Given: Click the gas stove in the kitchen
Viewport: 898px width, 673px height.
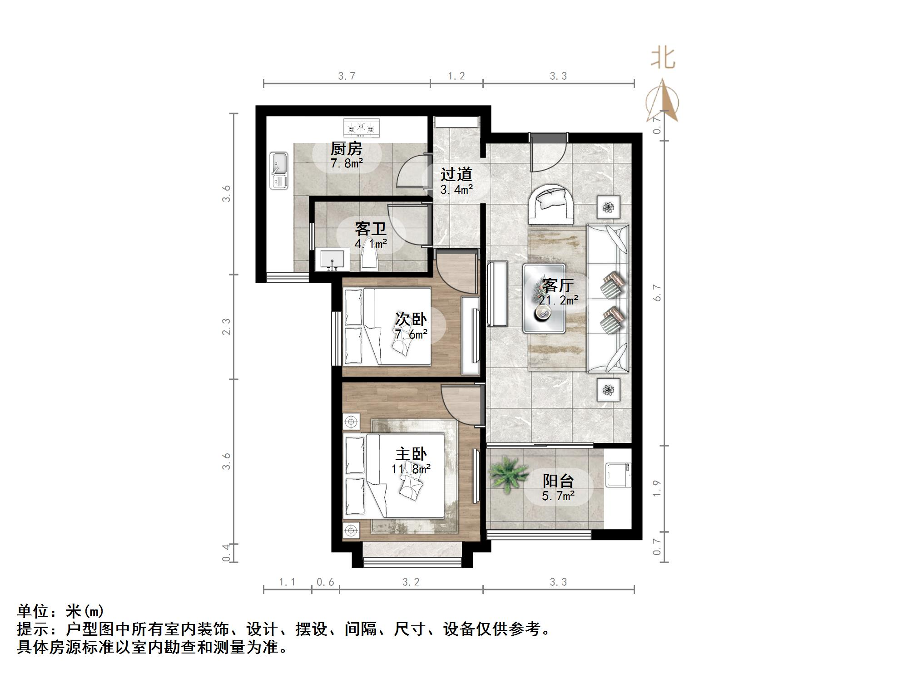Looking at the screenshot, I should [x=361, y=128].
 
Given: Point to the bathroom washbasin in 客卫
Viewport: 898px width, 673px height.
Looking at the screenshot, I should [x=333, y=260].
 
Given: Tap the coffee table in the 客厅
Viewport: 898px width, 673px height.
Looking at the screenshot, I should [x=544, y=298].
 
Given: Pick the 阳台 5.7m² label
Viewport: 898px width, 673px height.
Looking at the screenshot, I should [x=558, y=488].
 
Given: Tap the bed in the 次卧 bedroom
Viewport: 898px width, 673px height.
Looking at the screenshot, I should [x=386, y=327].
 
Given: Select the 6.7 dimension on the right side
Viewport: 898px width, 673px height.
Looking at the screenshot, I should [x=657, y=293].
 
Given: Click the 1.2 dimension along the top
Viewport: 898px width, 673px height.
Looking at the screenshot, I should [x=456, y=76].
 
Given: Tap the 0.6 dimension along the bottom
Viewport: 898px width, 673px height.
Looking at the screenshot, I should [x=325, y=582].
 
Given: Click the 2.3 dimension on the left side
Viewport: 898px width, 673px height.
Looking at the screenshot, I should [x=226, y=327].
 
